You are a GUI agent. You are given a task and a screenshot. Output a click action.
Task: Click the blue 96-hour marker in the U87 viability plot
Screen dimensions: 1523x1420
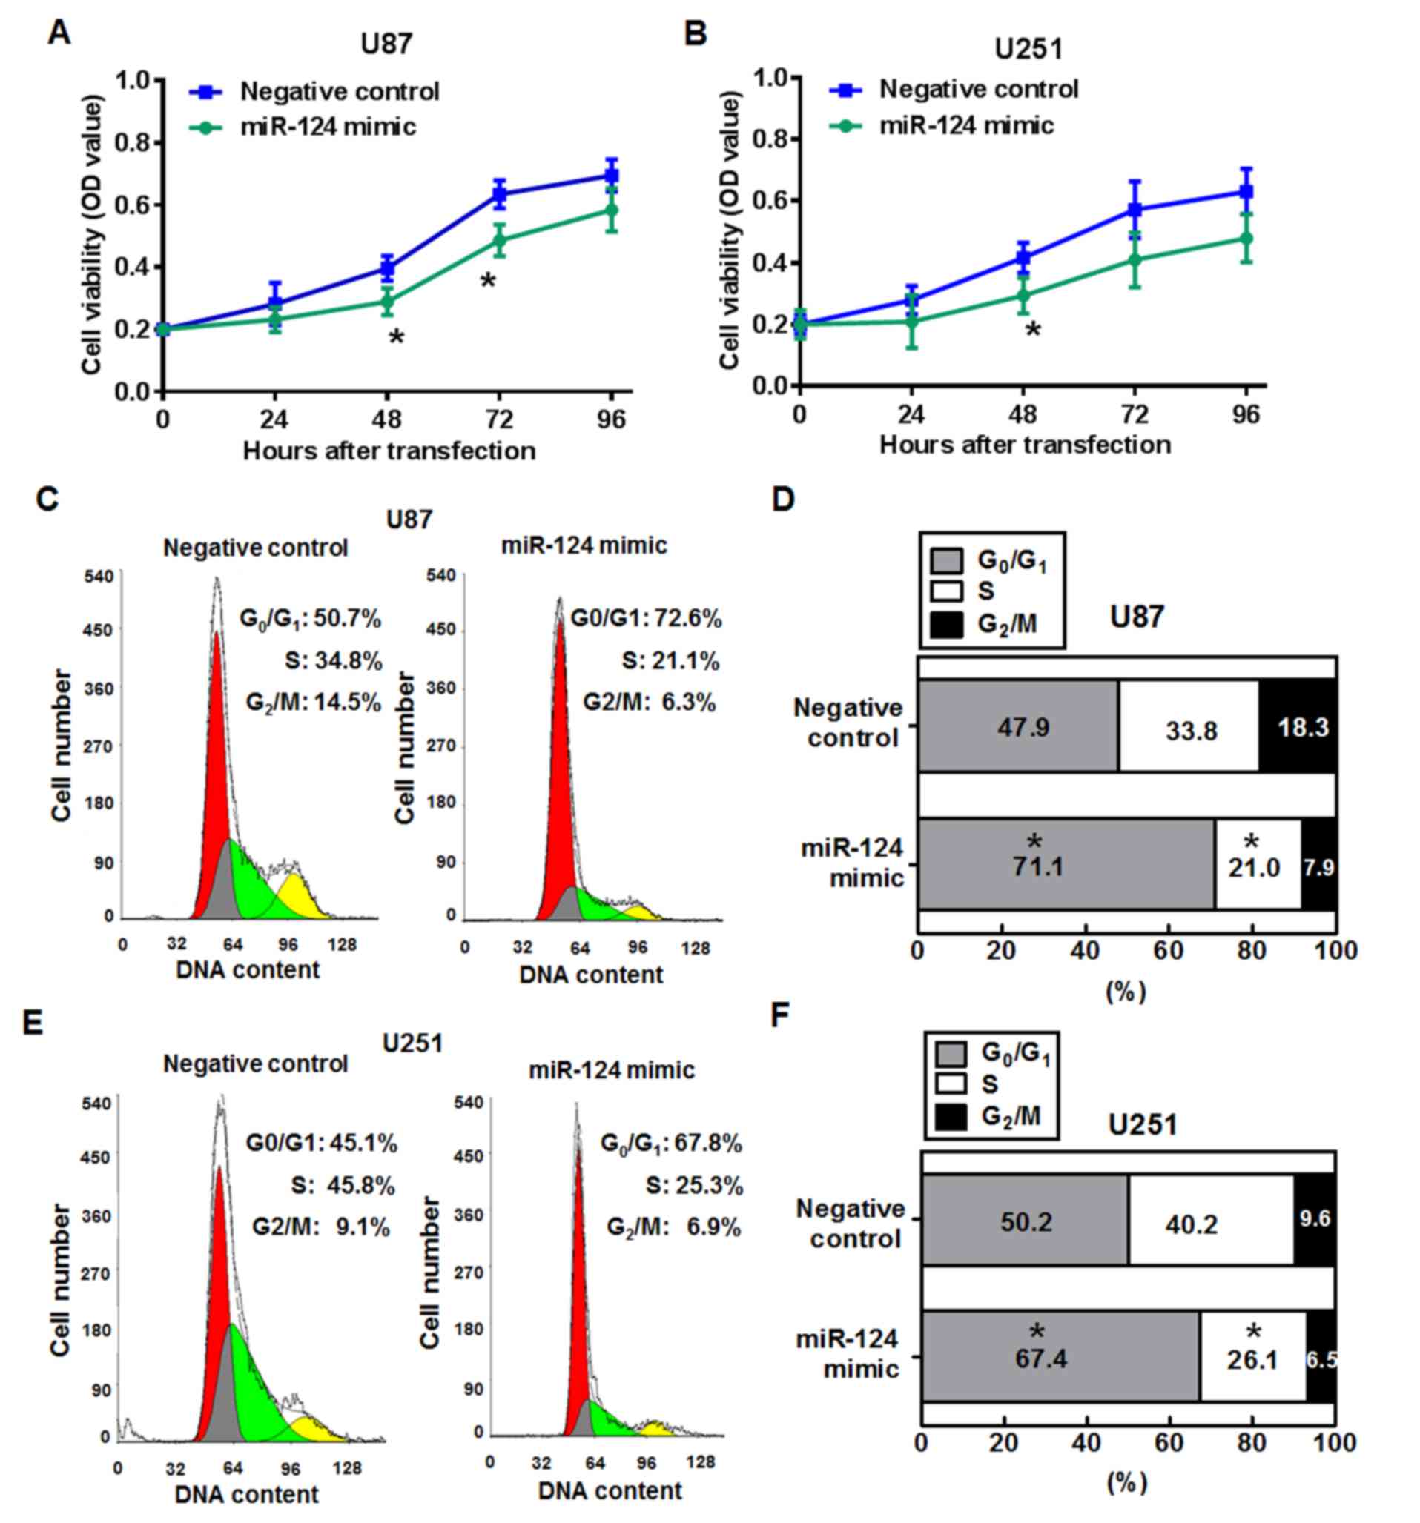tap(611, 176)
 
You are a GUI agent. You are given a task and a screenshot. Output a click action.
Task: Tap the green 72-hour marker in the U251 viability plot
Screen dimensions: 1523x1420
tap(1135, 259)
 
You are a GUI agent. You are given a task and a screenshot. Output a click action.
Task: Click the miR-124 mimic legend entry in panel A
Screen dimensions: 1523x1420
tap(327, 127)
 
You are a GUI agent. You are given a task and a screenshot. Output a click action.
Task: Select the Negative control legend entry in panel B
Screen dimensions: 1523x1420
tap(978, 90)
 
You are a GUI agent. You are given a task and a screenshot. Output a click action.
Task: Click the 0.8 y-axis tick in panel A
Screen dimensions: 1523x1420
tap(134, 143)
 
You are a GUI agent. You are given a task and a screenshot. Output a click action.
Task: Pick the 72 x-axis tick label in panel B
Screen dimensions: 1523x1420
tap(1135, 414)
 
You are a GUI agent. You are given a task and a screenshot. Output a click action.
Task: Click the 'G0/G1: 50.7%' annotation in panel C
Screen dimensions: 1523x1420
tap(310, 618)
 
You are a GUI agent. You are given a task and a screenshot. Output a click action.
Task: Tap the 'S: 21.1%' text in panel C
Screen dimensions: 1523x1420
tap(670, 660)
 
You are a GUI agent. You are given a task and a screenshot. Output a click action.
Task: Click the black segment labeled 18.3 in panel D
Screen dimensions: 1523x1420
tap(1299, 726)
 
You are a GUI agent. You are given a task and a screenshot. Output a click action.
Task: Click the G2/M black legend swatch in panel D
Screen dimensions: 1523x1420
tap(945, 624)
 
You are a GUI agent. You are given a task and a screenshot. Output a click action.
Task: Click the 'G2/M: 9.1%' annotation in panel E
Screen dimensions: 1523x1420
tap(321, 1227)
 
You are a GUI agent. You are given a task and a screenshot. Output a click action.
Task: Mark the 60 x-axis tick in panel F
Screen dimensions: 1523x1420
tap(1169, 1441)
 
